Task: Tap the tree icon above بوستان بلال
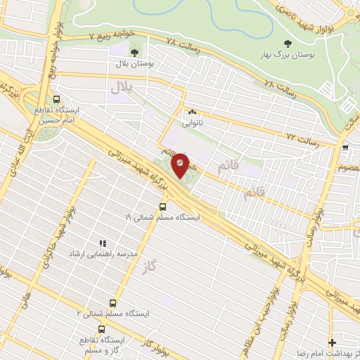click(134, 51)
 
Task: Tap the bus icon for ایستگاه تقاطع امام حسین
click(56, 100)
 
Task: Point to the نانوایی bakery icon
click(192, 111)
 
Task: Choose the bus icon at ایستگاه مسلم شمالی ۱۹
click(163, 207)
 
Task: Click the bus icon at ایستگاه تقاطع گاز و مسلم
click(103, 328)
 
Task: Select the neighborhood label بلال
click(120, 87)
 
